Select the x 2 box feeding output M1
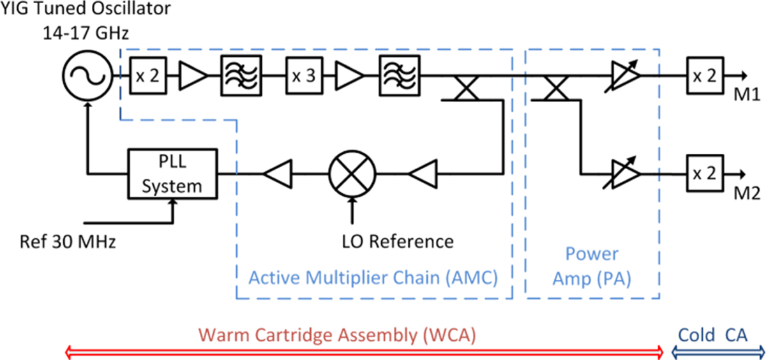coord(705,75)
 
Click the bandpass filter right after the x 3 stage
coord(399,75)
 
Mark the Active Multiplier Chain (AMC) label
coord(373,278)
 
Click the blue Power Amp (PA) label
coord(592,267)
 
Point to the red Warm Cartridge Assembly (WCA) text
coord(338,335)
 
